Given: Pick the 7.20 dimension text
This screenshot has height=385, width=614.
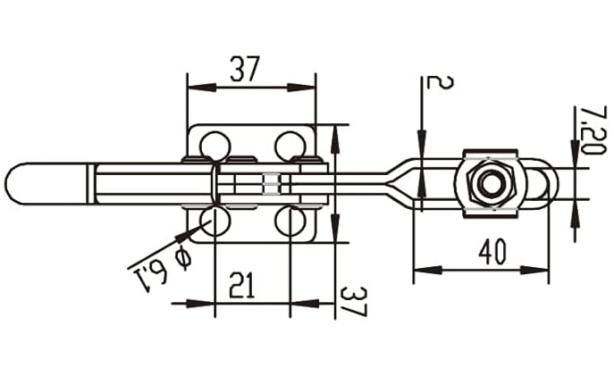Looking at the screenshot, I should point(591,130).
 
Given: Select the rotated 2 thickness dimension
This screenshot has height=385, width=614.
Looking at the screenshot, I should point(439,83).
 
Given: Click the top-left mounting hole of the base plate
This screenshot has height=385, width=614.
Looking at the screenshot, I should point(214,145).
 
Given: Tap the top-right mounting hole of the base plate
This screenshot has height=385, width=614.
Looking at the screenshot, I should point(289,145).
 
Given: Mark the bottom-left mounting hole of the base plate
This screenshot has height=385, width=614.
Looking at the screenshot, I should point(214,220).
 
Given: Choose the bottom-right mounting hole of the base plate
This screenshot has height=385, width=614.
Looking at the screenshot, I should point(289,220).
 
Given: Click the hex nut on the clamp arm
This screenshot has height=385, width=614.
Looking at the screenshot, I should point(488,183).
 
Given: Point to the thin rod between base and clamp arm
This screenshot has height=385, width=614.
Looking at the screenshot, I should point(357,183).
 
